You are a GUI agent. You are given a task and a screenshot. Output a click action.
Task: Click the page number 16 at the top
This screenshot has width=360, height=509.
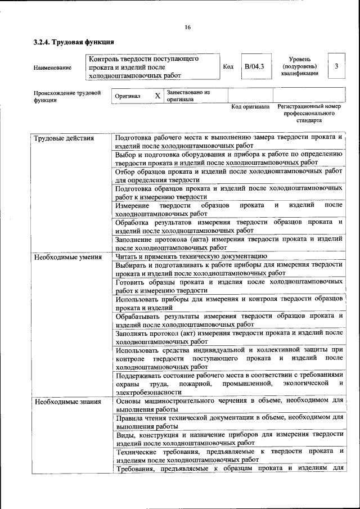(188, 28)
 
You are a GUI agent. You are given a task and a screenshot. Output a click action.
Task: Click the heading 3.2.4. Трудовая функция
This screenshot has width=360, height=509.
(74, 42)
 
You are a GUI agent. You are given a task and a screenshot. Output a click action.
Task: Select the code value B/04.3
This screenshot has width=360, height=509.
(254, 66)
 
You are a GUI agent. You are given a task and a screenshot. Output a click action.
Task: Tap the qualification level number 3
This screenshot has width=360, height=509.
(336, 66)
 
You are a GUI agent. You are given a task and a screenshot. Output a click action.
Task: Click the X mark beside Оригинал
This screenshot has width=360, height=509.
(157, 96)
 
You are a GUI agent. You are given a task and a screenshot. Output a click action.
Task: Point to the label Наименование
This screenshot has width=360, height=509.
(52, 67)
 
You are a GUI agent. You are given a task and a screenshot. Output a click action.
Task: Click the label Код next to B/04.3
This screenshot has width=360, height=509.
(228, 66)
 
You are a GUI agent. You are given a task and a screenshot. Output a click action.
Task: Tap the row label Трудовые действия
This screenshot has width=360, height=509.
(64, 138)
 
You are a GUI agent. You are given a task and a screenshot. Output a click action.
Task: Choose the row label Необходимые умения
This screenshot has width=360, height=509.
(67, 257)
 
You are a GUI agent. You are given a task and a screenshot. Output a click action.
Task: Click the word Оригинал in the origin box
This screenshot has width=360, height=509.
(128, 96)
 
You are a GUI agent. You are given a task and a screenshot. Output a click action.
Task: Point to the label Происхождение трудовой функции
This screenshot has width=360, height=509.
(66, 96)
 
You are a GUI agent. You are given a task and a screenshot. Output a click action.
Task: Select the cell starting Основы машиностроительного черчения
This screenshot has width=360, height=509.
(228, 406)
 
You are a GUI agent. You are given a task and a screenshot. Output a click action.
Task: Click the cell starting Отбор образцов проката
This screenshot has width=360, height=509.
(228, 175)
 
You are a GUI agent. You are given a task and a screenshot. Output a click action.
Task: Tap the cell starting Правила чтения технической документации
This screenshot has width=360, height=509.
(228, 422)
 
